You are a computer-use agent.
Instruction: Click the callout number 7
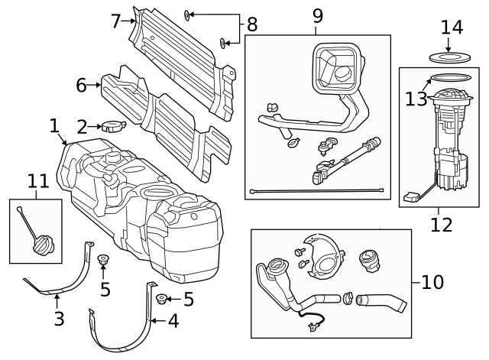pyautogui.click(x=115, y=21)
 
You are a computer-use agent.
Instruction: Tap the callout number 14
pyautogui.click(x=452, y=28)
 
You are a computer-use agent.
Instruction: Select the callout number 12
pyautogui.click(x=442, y=225)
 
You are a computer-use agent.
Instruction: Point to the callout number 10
pyautogui.click(x=432, y=282)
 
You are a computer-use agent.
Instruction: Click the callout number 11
pyautogui.click(x=38, y=181)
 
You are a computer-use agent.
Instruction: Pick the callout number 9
pyautogui.click(x=318, y=16)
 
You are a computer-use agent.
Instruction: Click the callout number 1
pyautogui.click(x=54, y=126)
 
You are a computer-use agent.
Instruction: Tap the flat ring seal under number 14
pyautogui.click(x=450, y=57)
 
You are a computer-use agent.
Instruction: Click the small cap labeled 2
pyautogui.click(x=114, y=125)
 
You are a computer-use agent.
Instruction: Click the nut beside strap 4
pyautogui.click(x=161, y=299)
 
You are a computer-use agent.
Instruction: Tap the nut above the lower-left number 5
pyautogui.click(x=102, y=260)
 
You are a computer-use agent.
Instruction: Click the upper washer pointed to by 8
pyautogui.click(x=186, y=15)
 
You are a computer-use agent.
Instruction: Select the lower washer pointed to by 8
pyautogui.click(x=223, y=43)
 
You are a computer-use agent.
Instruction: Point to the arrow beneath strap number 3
pyautogui.click(x=57, y=302)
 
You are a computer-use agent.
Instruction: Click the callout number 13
pyautogui.click(x=416, y=99)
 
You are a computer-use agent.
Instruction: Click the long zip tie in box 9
pyautogui.click(x=317, y=190)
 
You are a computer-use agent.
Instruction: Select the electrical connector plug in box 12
pyautogui.click(x=410, y=197)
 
